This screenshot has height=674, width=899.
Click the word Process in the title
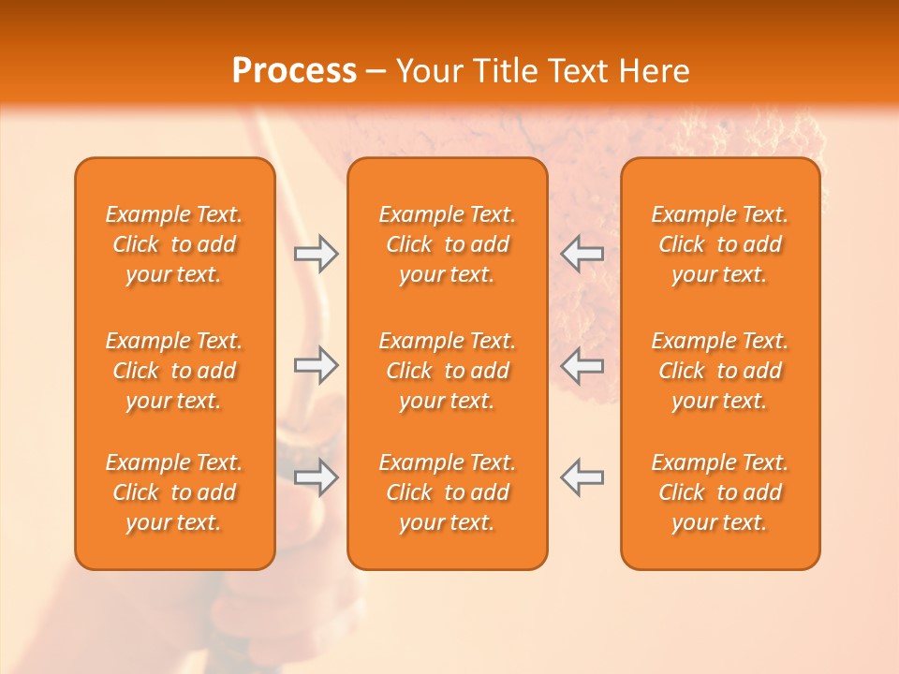(x=294, y=71)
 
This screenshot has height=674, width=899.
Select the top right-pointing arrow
(x=317, y=254)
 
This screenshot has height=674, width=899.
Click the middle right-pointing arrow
(x=317, y=365)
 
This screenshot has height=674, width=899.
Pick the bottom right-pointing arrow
(x=317, y=476)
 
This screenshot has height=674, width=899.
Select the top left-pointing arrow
(x=582, y=254)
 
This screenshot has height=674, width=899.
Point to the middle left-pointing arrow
(x=582, y=365)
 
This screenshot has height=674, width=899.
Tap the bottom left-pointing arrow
(x=582, y=476)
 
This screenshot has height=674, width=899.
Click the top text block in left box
(x=174, y=244)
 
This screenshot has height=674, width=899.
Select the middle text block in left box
(x=174, y=371)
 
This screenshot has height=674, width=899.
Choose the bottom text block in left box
(x=174, y=492)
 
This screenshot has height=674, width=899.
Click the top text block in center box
(x=447, y=244)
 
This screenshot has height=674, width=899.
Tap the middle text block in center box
(x=447, y=371)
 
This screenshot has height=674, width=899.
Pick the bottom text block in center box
(x=447, y=492)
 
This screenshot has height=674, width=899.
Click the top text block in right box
(x=720, y=244)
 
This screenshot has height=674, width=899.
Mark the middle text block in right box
(x=720, y=371)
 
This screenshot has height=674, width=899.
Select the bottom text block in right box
(x=720, y=492)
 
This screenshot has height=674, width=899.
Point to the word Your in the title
(x=428, y=71)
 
